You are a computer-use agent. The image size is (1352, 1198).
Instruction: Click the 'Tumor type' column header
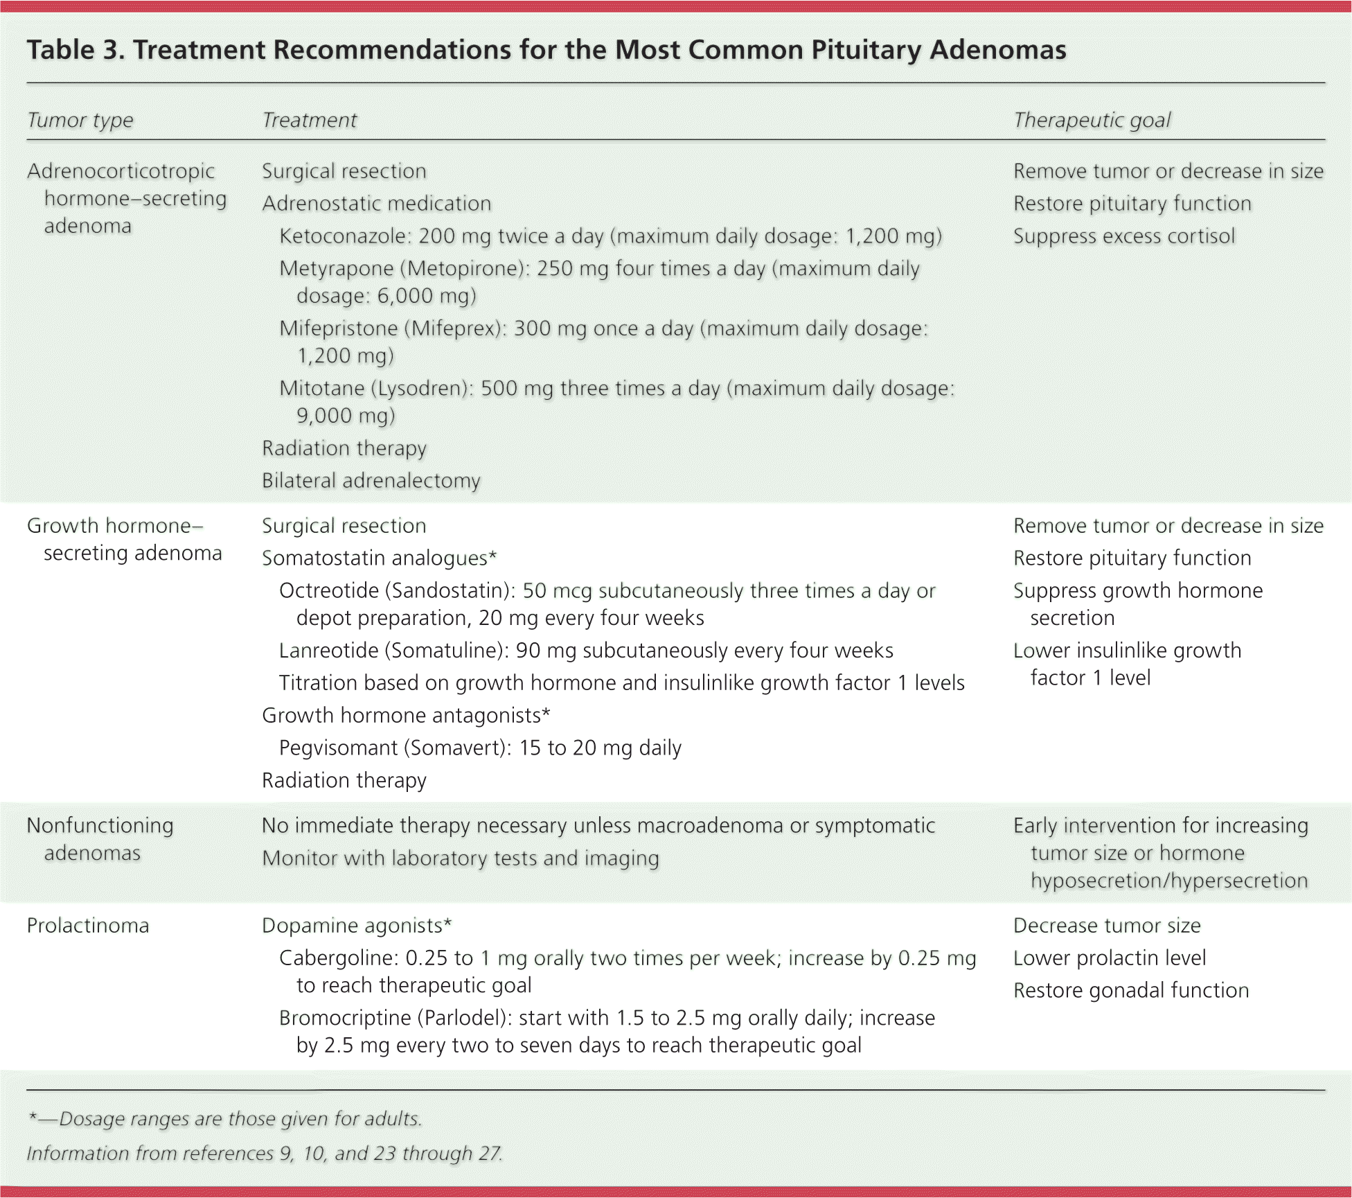click(x=80, y=121)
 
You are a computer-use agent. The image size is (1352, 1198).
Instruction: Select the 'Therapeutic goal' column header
click(x=1091, y=121)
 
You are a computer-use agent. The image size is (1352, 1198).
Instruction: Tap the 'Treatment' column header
click(x=309, y=121)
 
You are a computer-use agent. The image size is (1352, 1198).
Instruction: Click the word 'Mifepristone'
click(x=338, y=328)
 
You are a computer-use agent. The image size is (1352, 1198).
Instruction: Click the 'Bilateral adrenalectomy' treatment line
click(x=371, y=481)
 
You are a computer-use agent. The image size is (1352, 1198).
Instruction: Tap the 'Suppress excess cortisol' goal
click(x=1123, y=236)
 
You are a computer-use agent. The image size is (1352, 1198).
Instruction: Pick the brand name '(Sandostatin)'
click(x=450, y=591)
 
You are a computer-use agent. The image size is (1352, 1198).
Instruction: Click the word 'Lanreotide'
click(x=329, y=651)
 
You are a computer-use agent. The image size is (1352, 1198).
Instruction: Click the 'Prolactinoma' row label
click(x=88, y=926)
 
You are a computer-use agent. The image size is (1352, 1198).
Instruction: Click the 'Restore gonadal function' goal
click(x=1130, y=991)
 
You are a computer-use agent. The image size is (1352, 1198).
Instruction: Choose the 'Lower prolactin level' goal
click(x=1109, y=958)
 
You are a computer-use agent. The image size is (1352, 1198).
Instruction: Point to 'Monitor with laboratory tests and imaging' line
click(x=460, y=858)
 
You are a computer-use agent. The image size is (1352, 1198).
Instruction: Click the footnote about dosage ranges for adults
click(x=224, y=1119)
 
